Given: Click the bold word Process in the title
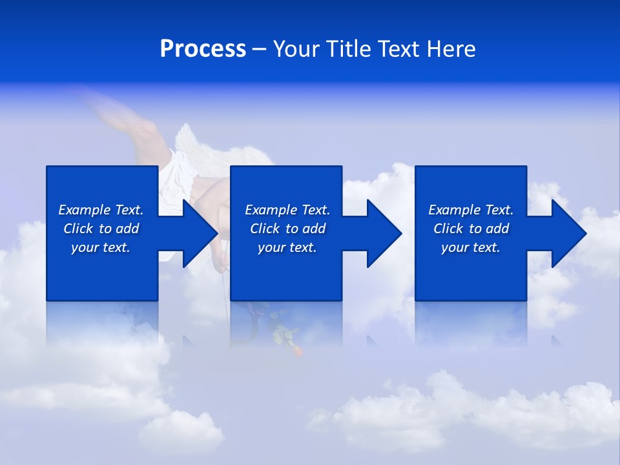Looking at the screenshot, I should point(203,49).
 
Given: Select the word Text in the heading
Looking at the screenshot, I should point(400,49).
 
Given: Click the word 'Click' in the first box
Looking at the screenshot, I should point(78,229).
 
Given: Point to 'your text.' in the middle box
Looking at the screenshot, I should point(287,247).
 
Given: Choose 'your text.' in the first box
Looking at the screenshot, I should point(101,247).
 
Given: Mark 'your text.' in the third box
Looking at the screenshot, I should point(471,247).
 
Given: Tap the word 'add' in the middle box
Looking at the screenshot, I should point(314,229).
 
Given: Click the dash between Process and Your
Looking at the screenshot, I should point(259,50).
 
